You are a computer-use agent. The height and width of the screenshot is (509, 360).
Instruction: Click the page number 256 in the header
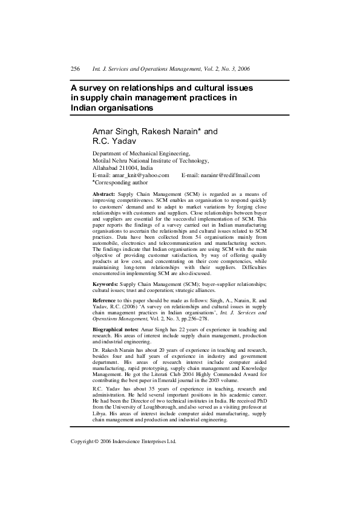coord(76,70)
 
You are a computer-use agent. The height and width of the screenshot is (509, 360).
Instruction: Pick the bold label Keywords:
coord(105,284)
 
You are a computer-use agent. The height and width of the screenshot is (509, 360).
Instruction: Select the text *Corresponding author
coord(120,182)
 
